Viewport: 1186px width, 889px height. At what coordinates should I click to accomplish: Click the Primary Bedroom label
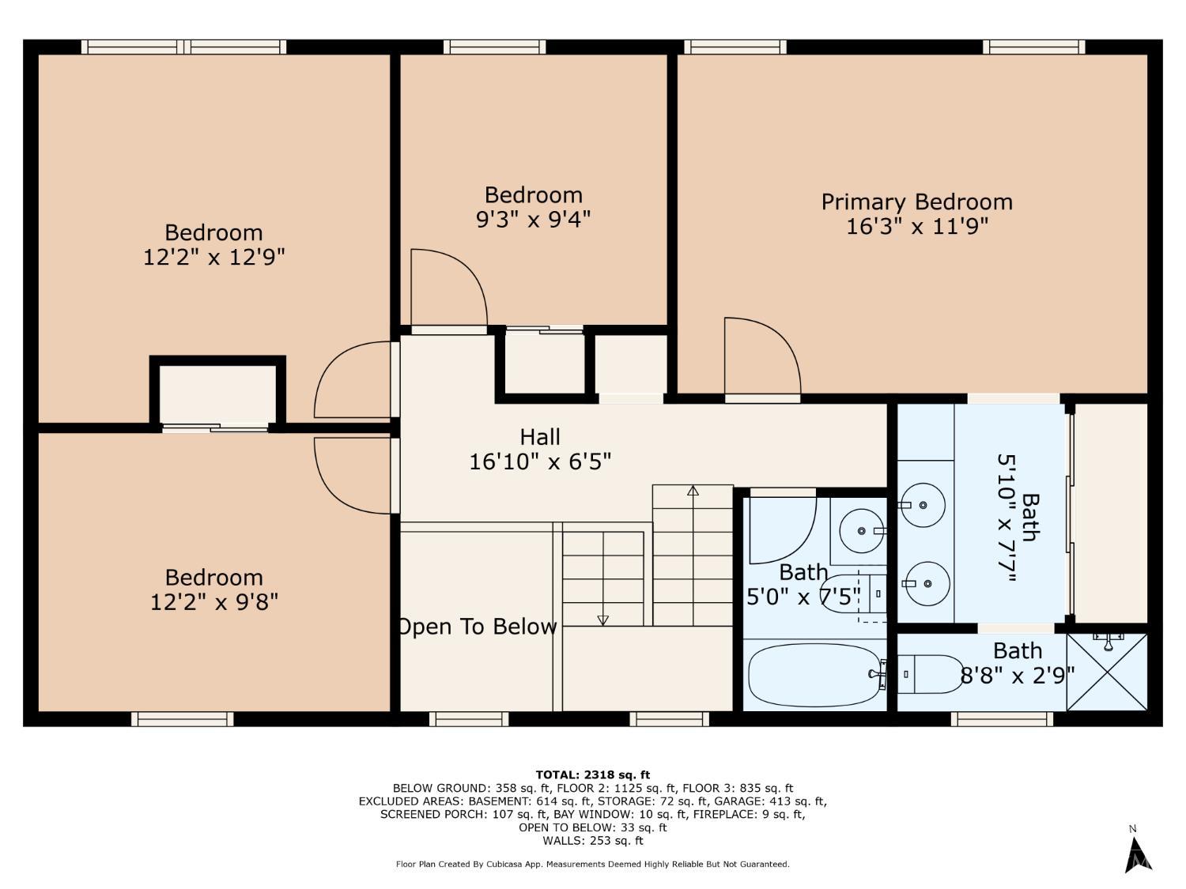click(916, 202)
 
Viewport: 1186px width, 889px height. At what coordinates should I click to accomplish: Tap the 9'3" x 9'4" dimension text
click(533, 220)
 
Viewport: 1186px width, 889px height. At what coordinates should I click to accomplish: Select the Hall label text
click(540, 437)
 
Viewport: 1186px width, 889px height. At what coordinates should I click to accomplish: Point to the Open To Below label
click(478, 627)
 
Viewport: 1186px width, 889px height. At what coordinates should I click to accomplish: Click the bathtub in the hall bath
click(815, 675)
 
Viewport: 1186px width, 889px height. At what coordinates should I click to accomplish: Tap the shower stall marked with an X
click(1107, 672)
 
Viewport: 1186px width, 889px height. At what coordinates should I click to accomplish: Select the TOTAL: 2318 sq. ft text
click(593, 776)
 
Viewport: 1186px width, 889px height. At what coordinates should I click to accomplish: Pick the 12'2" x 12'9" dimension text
click(213, 258)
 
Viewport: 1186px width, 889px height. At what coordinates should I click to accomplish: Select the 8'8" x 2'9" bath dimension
click(1018, 676)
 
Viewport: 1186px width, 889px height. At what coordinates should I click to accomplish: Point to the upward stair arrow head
click(693, 491)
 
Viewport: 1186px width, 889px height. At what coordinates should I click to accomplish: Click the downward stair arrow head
click(603, 621)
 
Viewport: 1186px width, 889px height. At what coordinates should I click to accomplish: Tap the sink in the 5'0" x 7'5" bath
click(862, 531)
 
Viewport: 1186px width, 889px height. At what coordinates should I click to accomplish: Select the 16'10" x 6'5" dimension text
click(540, 462)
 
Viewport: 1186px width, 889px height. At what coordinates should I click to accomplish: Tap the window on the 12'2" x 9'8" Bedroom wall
click(183, 719)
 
